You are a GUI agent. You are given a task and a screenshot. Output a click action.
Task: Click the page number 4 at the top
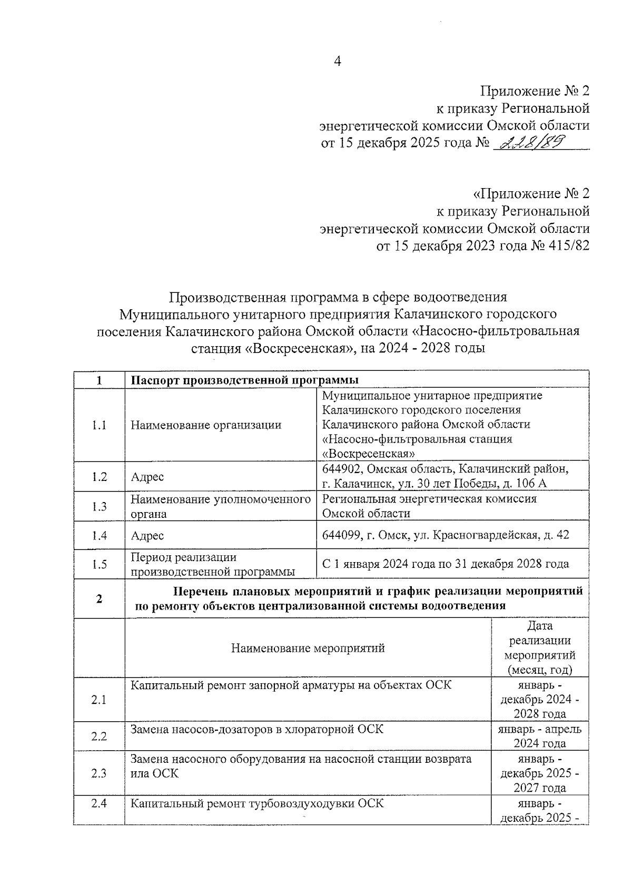[x=338, y=62]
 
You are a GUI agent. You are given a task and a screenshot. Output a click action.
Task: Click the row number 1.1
[x=99, y=425]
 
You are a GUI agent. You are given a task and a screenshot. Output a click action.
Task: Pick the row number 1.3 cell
[x=99, y=506]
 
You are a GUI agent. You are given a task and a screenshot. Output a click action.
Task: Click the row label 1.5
[x=99, y=564]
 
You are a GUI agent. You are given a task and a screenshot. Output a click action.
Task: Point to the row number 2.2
[x=99, y=736]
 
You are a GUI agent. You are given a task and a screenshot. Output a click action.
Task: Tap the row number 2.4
[x=99, y=804]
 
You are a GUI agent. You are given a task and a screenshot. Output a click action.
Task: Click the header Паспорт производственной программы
[x=244, y=380]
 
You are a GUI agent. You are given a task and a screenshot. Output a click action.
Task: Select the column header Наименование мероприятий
[x=308, y=647]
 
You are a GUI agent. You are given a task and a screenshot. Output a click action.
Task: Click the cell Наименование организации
[x=206, y=425]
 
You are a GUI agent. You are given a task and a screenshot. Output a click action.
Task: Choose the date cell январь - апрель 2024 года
[x=539, y=736]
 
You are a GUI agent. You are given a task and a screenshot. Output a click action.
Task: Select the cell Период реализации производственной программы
[x=212, y=564]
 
